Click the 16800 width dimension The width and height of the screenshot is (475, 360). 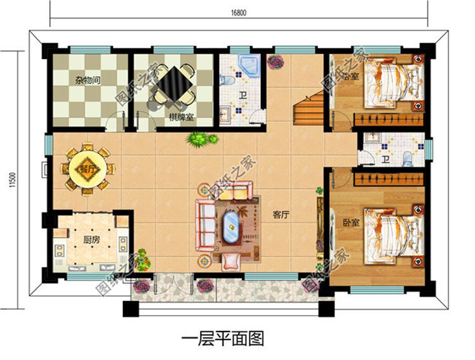point(239,10)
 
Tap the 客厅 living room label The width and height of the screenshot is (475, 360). point(281,214)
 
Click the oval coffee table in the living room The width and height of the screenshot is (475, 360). point(230,227)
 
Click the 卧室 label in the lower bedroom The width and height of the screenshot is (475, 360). point(351,223)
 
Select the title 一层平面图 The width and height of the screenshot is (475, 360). point(222,338)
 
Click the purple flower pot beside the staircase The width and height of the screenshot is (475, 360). point(275,62)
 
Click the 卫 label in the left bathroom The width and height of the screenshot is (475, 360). point(243,97)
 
